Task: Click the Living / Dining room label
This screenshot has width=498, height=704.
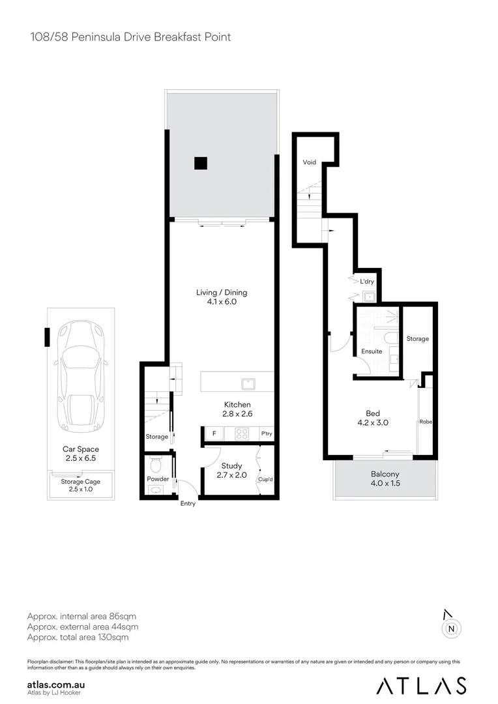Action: click(222, 293)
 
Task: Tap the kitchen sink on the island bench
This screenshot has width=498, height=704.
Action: click(248, 382)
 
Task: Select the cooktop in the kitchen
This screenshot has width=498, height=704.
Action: click(242, 433)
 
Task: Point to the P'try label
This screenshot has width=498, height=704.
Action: click(266, 433)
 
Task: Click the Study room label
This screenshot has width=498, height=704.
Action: click(231, 466)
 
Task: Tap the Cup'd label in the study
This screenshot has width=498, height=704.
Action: click(265, 479)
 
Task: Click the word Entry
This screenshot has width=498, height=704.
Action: click(188, 503)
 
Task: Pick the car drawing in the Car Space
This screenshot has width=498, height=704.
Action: click(81, 381)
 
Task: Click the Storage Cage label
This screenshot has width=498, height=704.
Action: click(81, 481)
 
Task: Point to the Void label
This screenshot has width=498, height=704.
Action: click(309, 162)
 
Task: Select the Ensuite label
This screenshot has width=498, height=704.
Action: click(372, 351)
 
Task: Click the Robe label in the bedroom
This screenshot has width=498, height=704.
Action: click(426, 422)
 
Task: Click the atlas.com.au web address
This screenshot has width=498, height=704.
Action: click(56, 684)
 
